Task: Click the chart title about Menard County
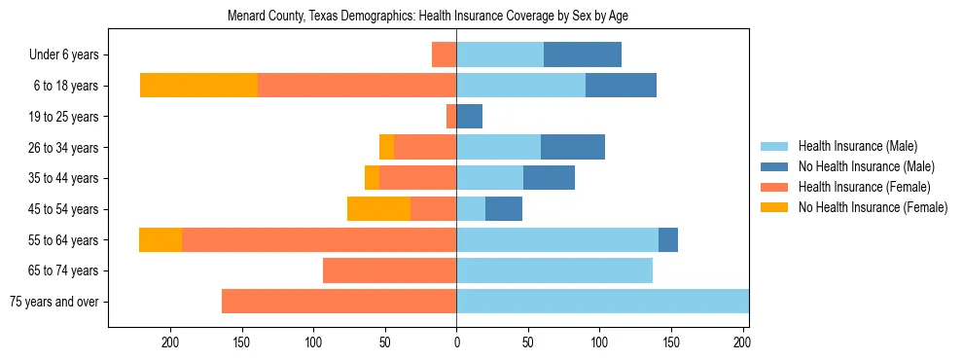tap(428, 17)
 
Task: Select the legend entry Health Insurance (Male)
tap(857, 146)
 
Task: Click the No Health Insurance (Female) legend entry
tap(873, 207)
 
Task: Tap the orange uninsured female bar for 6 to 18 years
tap(198, 86)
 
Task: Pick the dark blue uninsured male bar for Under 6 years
tap(582, 54)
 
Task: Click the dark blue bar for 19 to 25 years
tap(469, 117)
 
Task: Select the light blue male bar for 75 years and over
tap(602, 302)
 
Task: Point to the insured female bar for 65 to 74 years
tap(389, 270)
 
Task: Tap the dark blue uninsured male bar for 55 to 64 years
tap(668, 240)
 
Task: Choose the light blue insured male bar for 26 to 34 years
tap(498, 148)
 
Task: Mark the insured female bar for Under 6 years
tap(444, 54)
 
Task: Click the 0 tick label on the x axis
tap(456, 342)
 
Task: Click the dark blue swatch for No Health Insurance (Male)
tap(774, 166)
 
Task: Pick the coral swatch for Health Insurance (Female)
tap(774, 187)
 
